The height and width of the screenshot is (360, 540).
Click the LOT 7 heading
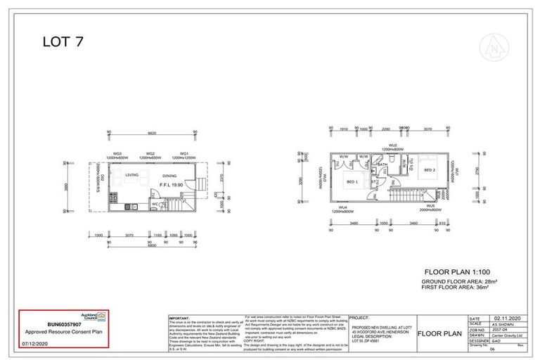tap(63, 42)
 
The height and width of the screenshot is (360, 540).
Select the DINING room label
tap(169, 176)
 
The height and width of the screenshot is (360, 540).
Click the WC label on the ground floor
tap(154, 205)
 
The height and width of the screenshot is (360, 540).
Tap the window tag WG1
tap(184, 153)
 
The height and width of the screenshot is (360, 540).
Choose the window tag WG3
tap(117, 153)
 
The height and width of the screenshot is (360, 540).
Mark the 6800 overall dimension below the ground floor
tap(150, 245)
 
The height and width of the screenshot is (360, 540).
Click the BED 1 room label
tap(352, 182)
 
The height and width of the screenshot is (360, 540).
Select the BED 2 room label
tap(430, 171)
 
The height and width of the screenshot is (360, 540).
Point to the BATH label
tap(382, 165)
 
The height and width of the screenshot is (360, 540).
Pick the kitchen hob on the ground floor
tap(130, 207)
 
